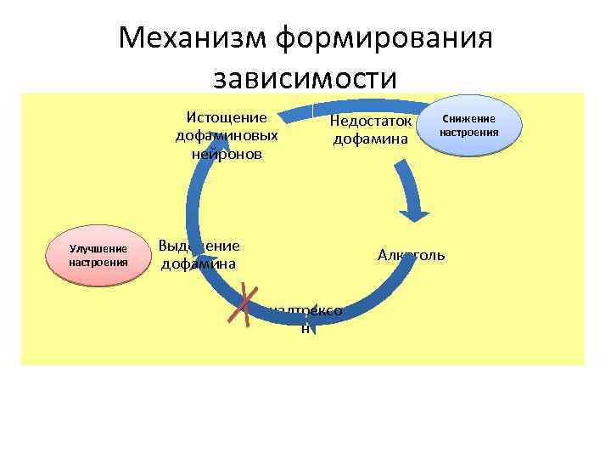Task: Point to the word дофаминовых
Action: pyautogui.click(x=227, y=136)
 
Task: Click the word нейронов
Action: pyautogui.click(x=227, y=154)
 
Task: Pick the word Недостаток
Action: pyautogui.click(x=371, y=121)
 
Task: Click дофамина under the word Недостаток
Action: pyautogui.click(x=371, y=139)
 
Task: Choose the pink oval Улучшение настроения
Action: pyautogui.click(x=98, y=256)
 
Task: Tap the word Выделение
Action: pyautogui.click(x=199, y=246)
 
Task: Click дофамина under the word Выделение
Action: pyautogui.click(x=198, y=264)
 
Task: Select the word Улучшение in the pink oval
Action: pyautogui.click(x=98, y=249)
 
